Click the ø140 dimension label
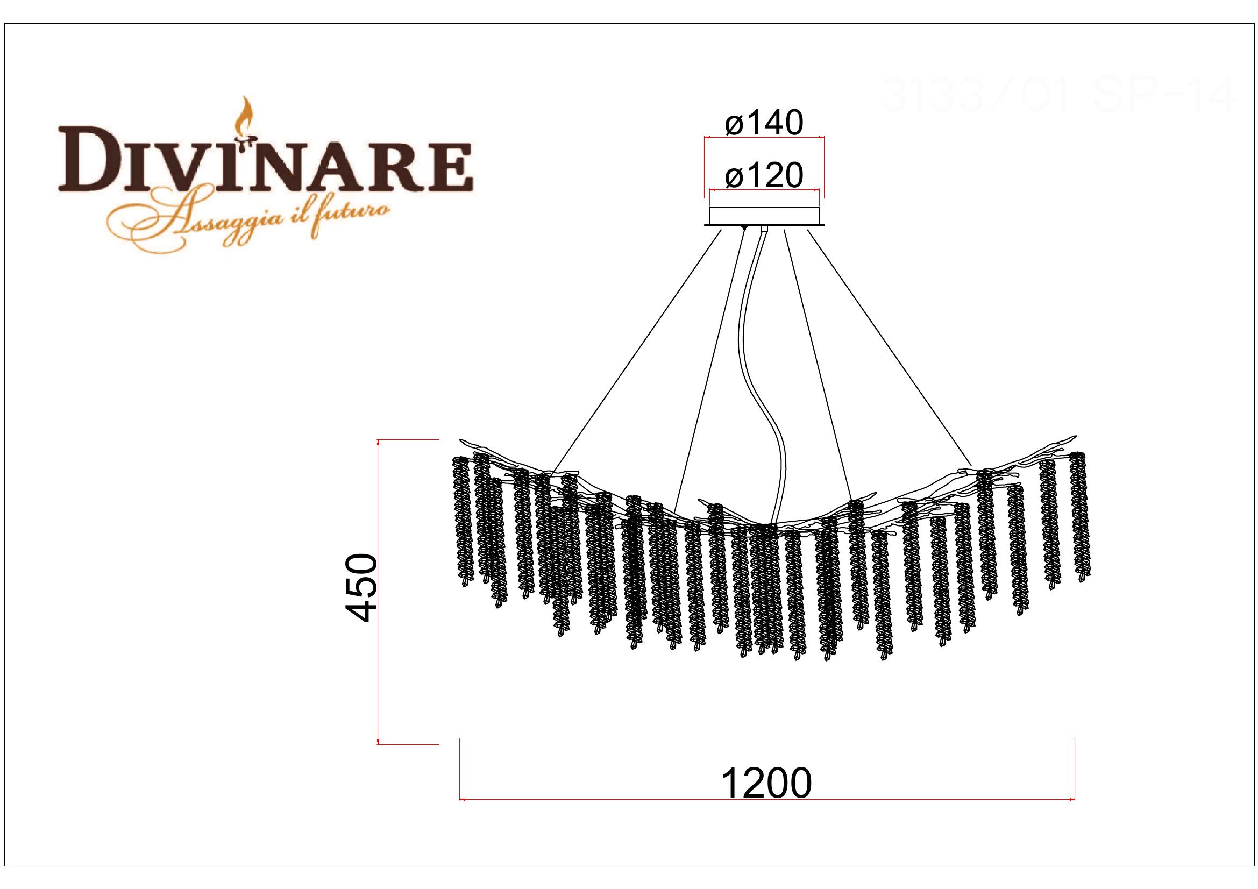coord(764,124)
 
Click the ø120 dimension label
coord(764,176)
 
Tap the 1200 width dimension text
coord(766,784)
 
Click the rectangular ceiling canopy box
coord(764,215)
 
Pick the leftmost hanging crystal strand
coord(461,521)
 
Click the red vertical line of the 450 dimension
coord(379,592)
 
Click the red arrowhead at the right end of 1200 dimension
coord(1072,800)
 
